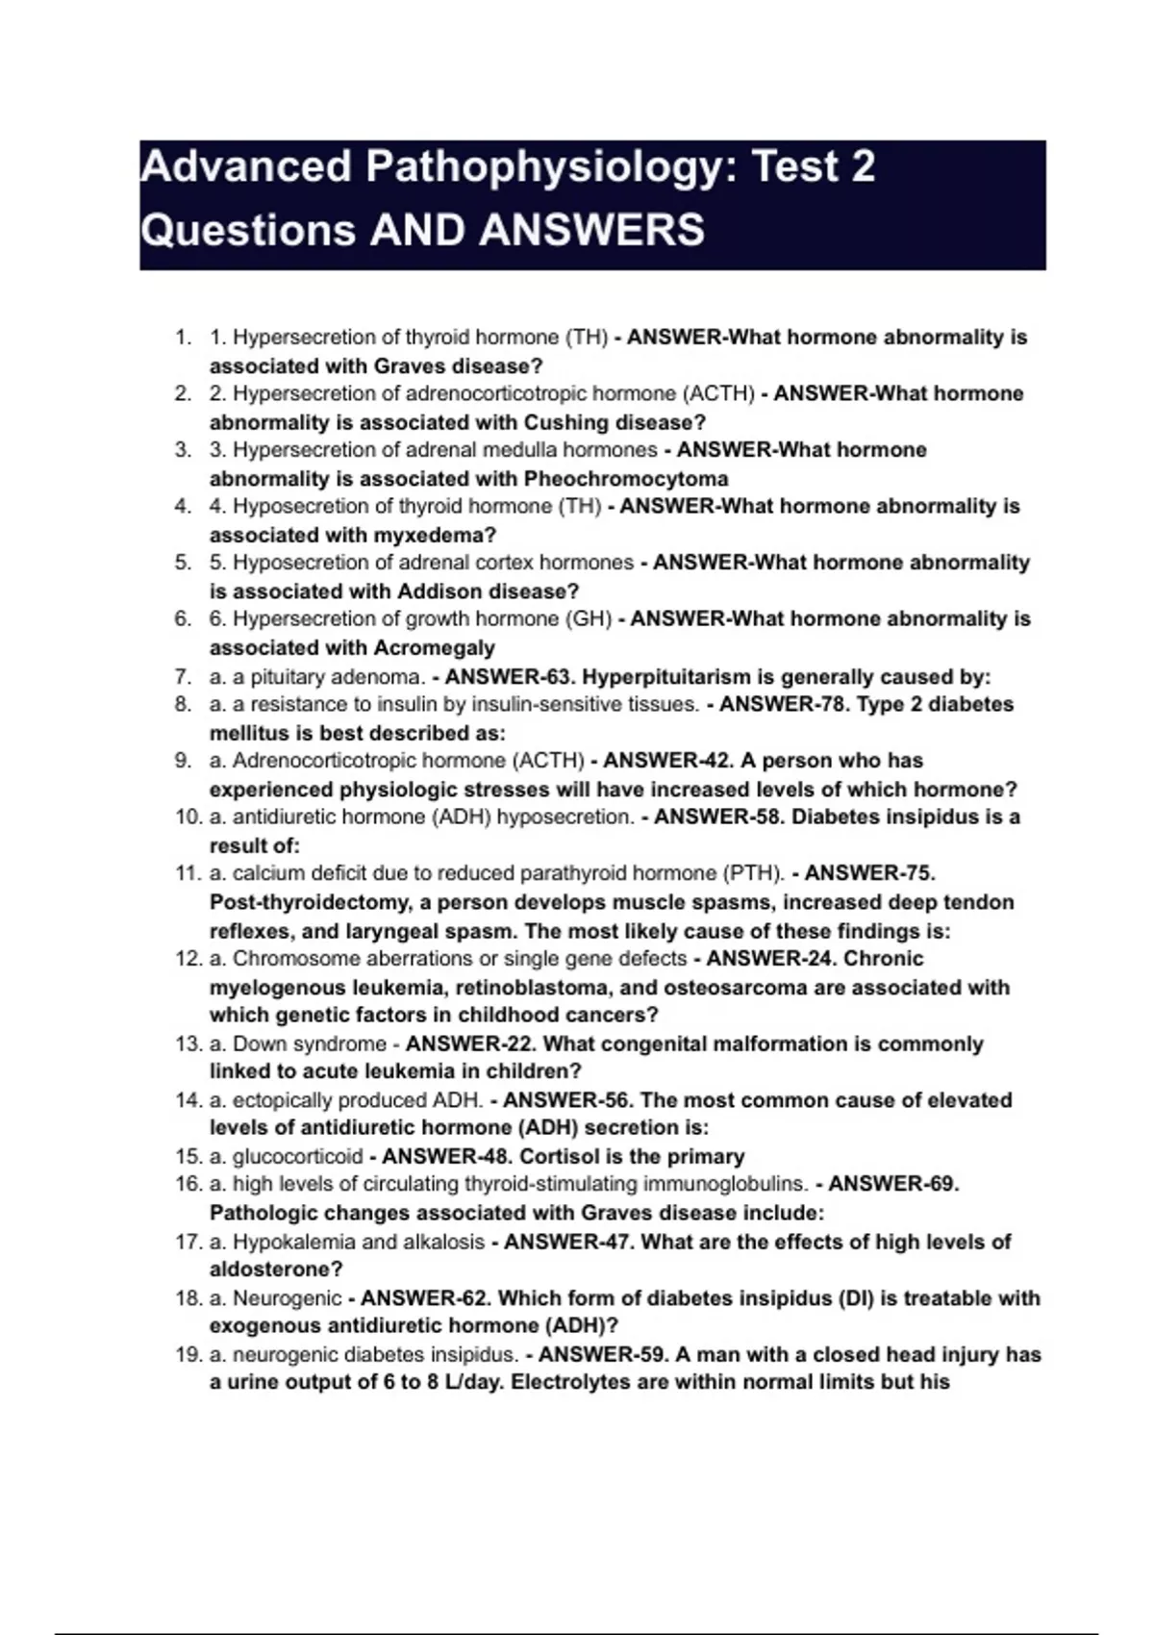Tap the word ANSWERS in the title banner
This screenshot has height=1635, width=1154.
pyautogui.click(x=591, y=230)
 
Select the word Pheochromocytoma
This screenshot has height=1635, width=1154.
pyautogui.click(x=626, y=478)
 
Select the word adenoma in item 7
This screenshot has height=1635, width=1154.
pyautogui.click(x=384, y=676)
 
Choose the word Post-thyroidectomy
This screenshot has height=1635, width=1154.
pyautogui.click(x=305, y=902)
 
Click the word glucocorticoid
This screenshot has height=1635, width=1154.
pyautogui.click(x=298, y=1156)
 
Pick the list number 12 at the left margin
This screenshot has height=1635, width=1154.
pyautogui.click(x=187, y=959)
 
